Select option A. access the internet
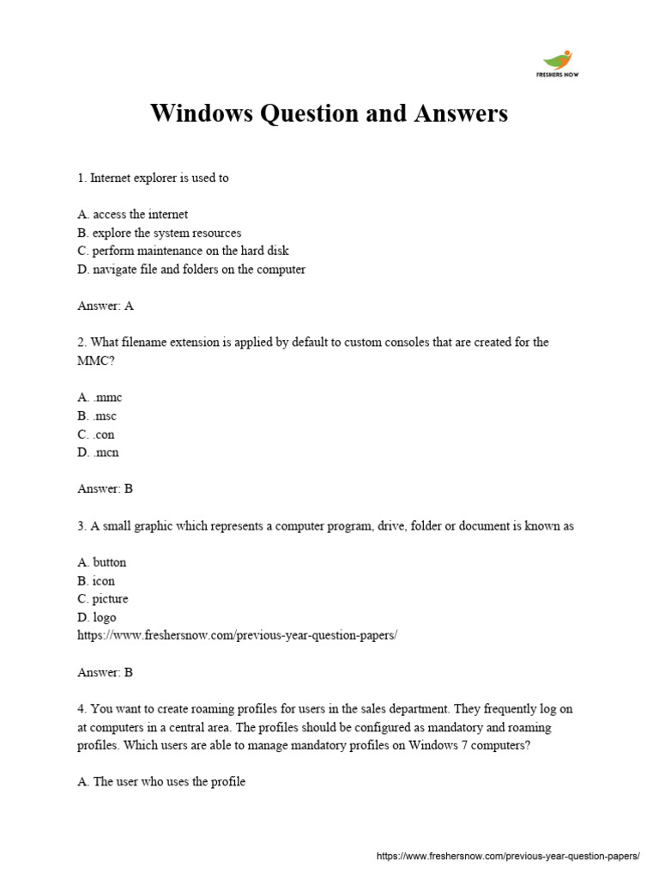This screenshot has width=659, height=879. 132,215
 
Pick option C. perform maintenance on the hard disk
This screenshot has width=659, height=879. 183,251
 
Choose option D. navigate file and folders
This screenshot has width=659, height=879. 191,270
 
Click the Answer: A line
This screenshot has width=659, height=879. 106,306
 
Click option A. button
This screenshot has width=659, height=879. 101,562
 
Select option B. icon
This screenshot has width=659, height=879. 96,581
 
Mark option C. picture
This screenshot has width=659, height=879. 102,599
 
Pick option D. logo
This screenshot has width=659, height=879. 97,617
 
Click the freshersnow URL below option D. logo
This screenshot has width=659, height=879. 238,636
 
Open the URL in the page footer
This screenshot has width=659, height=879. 508,857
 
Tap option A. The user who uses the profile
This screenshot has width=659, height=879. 161,782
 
